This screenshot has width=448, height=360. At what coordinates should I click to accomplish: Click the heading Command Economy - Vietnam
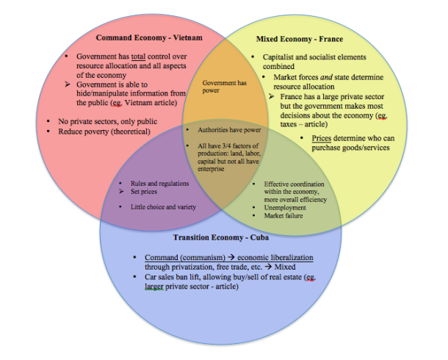[x=149, y=37]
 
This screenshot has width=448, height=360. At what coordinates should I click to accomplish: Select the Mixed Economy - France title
[x=300, y=39]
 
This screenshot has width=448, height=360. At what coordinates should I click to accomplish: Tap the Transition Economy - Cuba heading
[x=221, y=237]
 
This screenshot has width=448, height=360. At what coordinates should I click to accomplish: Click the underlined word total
[x=138, y=57]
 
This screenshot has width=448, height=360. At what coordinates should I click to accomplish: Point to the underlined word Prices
[x=322, y=138]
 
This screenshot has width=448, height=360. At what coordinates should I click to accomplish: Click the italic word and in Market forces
[x=326, y=77]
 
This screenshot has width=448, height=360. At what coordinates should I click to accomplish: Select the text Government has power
[x=224, y=87]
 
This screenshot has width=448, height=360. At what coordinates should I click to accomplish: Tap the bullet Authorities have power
[x=229, y=130]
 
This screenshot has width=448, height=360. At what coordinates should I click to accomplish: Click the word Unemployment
[x=285, y=208]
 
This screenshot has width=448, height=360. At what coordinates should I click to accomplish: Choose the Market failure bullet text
[x=283, y=216]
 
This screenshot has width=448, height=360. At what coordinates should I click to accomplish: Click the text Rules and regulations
[x=159, y=184]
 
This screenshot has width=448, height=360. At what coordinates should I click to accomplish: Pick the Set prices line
[x=144, y=192]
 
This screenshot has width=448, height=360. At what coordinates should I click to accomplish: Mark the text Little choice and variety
[x=163, y=207]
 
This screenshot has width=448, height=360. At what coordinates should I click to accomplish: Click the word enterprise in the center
[x=211, y=169]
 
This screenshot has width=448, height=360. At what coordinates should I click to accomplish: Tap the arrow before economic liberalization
[x=231, y=257]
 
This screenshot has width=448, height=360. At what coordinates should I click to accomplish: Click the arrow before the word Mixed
[x=268, y=267]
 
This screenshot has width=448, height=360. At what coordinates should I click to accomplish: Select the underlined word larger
[x=154, y=287]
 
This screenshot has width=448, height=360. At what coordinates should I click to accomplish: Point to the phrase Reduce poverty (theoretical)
[x=104, y=132]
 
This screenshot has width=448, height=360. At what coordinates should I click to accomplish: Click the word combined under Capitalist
[x=278, y=67]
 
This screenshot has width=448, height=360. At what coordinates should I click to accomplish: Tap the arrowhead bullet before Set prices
[x=121, y=191]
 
